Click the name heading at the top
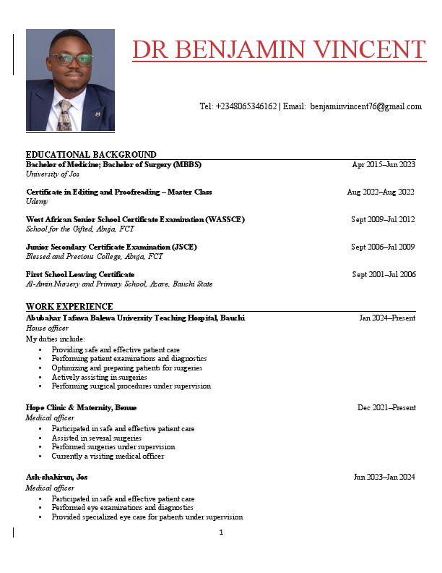pos(279,49)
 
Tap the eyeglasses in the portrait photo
pos(71,59)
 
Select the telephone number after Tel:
pos(246,106)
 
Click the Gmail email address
pos(365,106)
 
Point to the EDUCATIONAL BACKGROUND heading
pos(91,155)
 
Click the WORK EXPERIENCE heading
pos(69,307)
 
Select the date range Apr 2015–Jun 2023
pos(383,165)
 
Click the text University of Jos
pos(53,174)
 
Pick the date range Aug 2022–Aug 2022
pos(381,192)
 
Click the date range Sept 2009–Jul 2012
pos(383,219)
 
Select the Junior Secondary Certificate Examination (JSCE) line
pos(111,247)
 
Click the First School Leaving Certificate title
pos(80,274)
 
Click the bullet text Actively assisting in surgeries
pos(99,377)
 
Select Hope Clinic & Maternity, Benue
pos(81,408)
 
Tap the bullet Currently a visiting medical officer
pos(108,457)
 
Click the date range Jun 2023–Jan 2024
pos(384,477)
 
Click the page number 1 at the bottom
pos(221,532)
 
